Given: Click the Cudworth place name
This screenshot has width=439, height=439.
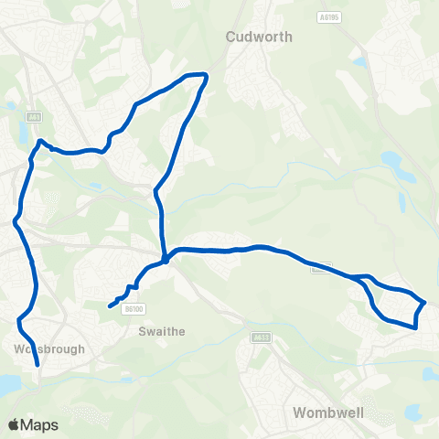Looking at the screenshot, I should (259, 37).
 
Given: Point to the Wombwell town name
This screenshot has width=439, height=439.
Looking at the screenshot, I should (328, 412).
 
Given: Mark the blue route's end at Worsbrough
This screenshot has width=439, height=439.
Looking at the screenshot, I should (37, 365).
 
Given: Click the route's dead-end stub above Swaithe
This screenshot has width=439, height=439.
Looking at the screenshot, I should (110, 305).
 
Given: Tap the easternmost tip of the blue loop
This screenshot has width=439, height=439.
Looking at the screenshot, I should (424, 301).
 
